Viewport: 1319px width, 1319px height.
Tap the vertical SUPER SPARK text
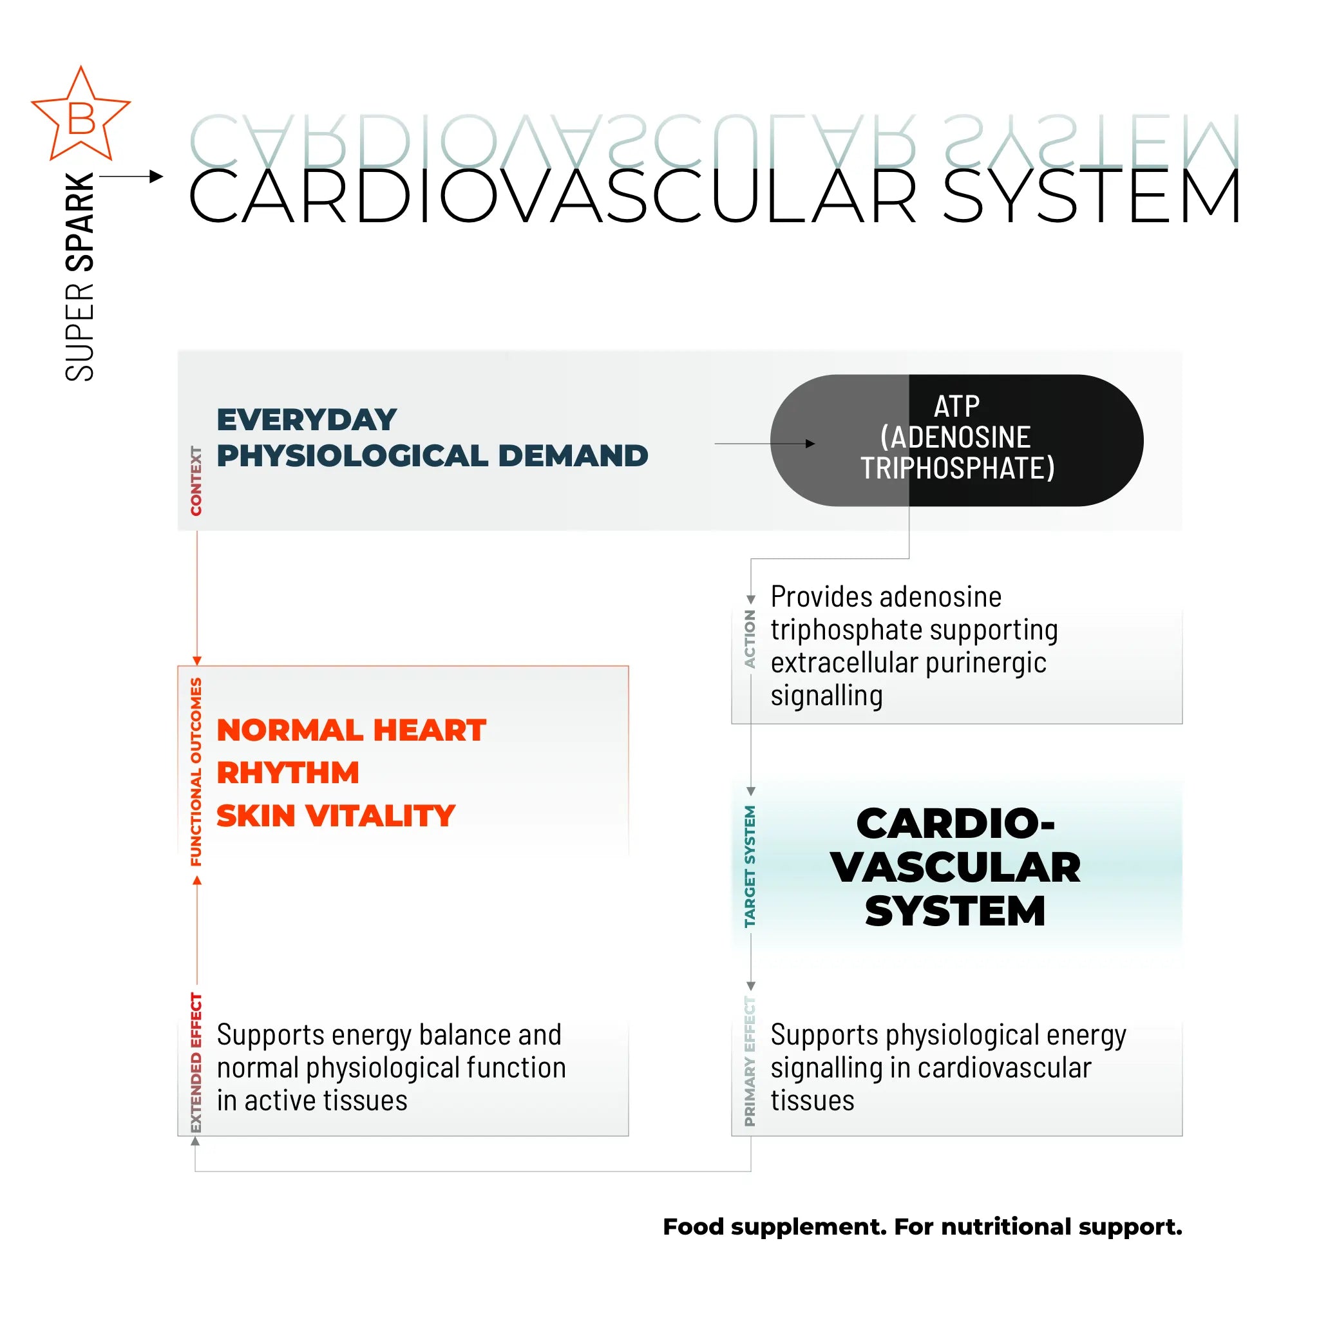coord(79,276)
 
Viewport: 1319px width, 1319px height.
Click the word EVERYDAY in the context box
coord(307,419)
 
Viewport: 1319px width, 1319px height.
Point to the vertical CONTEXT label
coord(196,480)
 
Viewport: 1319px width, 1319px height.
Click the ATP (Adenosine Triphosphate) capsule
coord(956,440)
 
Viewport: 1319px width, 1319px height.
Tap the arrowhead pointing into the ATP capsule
coord(810,444)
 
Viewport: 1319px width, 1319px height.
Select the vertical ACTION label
coord(750,638)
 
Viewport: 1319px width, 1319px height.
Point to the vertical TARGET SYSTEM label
coord(750,866)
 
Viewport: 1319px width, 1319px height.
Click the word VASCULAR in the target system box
coord(956,867)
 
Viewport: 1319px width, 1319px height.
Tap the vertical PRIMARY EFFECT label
coord(750,1061)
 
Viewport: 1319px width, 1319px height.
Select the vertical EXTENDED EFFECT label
coord(196,1062)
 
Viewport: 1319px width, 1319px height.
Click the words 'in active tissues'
coord(312,1101)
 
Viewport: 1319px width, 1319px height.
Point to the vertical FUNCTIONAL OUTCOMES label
coord(196,772)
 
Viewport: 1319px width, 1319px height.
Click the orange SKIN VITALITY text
coord(336,815)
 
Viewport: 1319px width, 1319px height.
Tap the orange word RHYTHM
coord(288,773)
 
